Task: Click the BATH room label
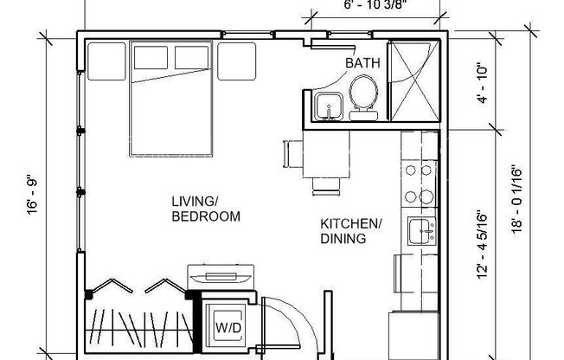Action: pyautogui.click(x=361, y=63)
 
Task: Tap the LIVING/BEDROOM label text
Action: pyautogui.click(x=205, y=209)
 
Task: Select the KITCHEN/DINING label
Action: pyautogui.click(x=350, y=231)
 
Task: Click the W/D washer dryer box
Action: pyautogui.click(x=228, y=328)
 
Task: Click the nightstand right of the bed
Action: pyautogui.click(x=237, y=61)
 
